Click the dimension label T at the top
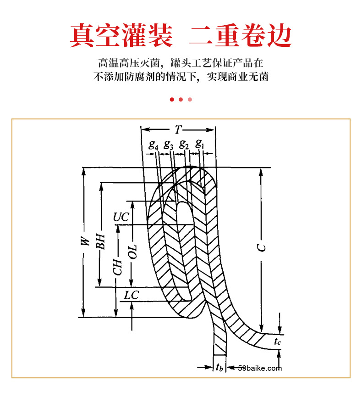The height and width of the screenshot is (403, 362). coord(178,129)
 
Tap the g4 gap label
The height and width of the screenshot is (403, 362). coord(154,145)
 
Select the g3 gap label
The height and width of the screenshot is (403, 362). coord(168,145)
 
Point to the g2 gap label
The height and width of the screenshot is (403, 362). coord(184,145)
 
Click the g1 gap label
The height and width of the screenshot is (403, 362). coord(199,144)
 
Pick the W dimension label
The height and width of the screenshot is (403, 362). coord(83,243)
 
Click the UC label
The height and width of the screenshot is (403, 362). coord(121,217)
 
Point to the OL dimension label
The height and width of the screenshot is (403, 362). coord(132,252)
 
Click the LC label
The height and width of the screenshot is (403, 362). coord(131,295)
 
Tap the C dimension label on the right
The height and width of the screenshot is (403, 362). coord(261,247)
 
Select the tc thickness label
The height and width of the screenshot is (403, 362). coord(277,341)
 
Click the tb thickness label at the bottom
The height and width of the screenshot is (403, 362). coord(220,368)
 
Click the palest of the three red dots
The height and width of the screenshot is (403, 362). coord(190,100)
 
